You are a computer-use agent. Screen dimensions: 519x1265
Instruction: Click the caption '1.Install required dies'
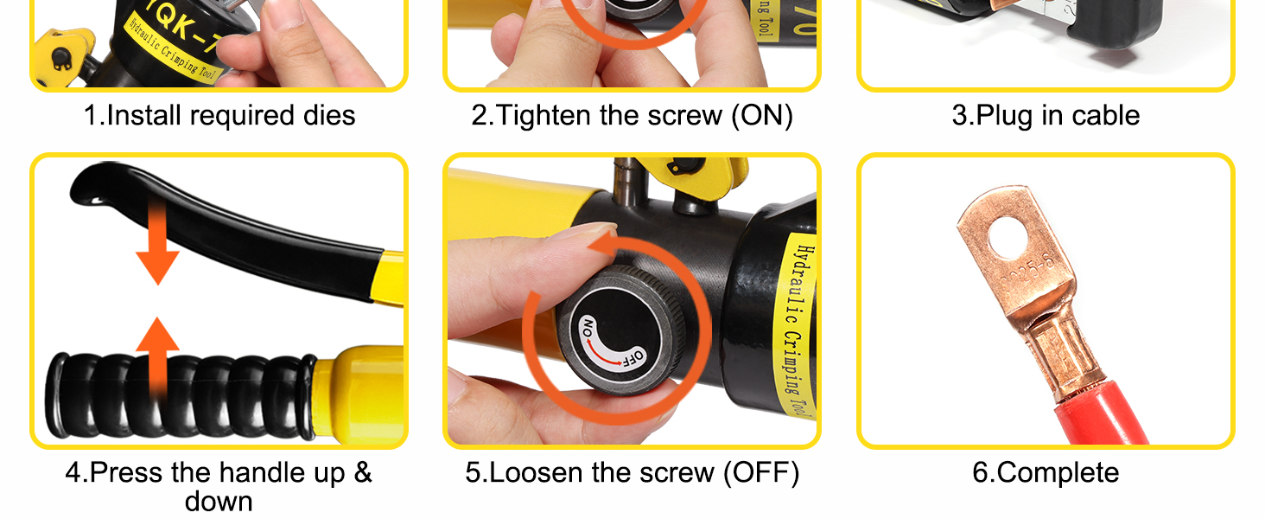tap(219, 116)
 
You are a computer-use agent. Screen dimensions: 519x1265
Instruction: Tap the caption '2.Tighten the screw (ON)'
tap(632, 116)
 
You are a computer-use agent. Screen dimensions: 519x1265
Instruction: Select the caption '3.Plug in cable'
tap(1046, 116)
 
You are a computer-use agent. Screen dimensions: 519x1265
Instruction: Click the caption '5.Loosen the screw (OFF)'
tap(632, 473)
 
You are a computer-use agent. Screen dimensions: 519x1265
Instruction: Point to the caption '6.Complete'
tap(1046, 473)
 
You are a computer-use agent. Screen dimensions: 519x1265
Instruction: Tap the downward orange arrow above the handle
tap(157, 251)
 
